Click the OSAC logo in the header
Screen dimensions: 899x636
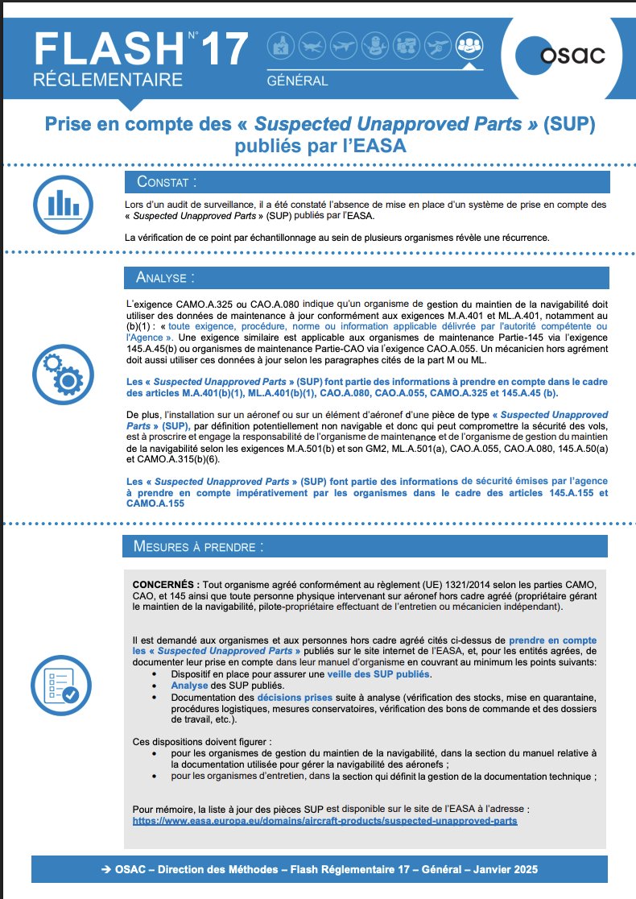coord(562,54)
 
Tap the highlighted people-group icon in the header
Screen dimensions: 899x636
coord(469,44)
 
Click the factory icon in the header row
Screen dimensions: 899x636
coord(279,44)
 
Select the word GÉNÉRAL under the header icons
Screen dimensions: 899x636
coord(297,81)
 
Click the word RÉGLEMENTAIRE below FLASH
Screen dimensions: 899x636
coord(108,81)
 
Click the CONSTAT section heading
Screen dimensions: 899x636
coord(166,181)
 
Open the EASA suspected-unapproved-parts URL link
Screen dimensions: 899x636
coord(324,820)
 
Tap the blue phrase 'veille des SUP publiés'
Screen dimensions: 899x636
coord(379,673)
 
